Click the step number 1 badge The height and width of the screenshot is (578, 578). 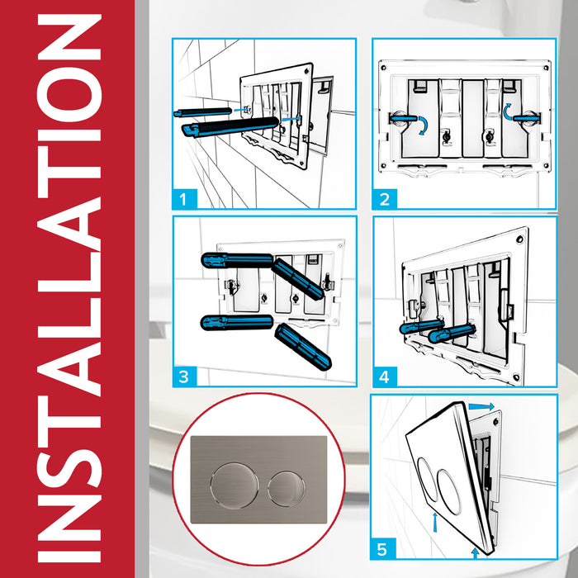pyautogui.click(x=187, y=198)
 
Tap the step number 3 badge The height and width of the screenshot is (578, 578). pyautogui.click(x=187, y=377)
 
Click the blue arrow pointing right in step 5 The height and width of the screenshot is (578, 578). pyautogui.click(x=484, y=406)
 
